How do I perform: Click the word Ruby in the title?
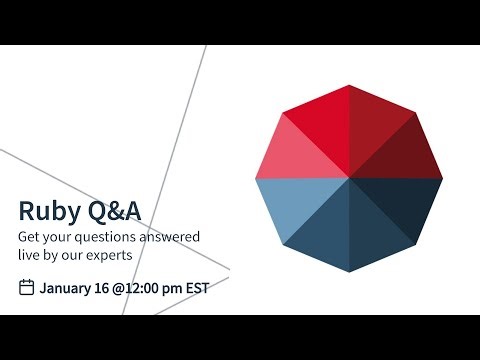pos(46,211)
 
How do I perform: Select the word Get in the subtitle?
pos(31,237)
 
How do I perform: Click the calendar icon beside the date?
pos(27,288)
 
